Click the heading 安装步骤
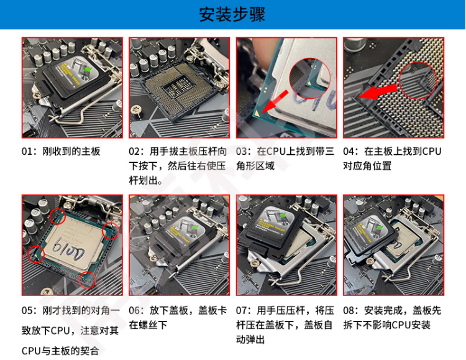pyautogui.click(x=232, y=14)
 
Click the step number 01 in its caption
pyautogui.click(x=27, y=152)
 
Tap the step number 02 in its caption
pyautogui.click(x=134, y=152)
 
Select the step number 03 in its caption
pyautogui.click(x=241, y=152)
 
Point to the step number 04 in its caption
pyautogui.click(x=349, y=152)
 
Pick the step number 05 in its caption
pyautogui.click(x=27, y=311)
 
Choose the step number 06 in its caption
pyautogui.click(x=134, y=311)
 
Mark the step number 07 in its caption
pyautogui.click(x=241, y=311)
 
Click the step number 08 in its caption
pyautogui.click(x=349, y=311)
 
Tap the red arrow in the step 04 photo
pyautogui.click(x=377, y=92)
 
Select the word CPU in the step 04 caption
pyautogui.click(x=432, y=152)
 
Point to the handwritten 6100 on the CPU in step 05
pyautogui.click(x=68, y=249)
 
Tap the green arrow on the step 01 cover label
pyautogui.click(x=88, y=69)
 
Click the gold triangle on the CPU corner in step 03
pyautogui.click(x=257, y=113)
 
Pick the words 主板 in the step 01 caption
pyautogui.click(x=91, y=152)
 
